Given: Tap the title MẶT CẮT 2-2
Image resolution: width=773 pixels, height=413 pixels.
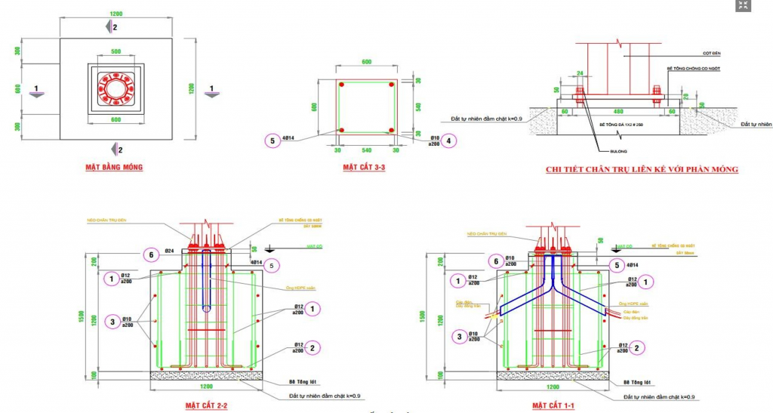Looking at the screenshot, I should point(206,406).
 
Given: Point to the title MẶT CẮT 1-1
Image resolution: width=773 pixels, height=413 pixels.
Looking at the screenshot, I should point(553,406).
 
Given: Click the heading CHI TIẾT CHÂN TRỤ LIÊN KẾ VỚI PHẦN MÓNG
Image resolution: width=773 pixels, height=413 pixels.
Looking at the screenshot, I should point(642,170).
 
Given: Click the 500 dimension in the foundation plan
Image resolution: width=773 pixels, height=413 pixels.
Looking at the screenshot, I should point(116,52).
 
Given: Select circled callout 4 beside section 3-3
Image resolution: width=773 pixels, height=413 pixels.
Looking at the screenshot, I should point(448,140).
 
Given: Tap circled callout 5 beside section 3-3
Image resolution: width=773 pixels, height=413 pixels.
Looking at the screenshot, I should point(272,140).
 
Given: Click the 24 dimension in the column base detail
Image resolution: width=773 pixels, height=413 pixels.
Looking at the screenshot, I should point(581,74).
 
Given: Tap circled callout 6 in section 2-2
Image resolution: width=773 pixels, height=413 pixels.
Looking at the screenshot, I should point(151,255).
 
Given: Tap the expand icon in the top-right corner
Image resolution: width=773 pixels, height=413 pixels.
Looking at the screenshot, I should point(742,6).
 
